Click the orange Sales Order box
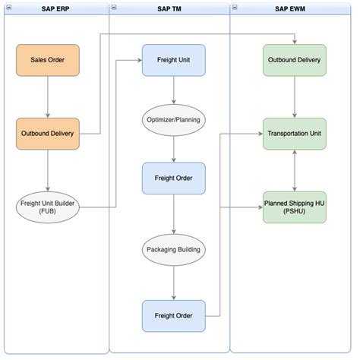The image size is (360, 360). click(x=48, y=60)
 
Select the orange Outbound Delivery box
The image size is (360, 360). click(x=48, y=134)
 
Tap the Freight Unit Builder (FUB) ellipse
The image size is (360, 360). click(x=48, y=207)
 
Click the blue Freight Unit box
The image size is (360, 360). click(x=174, y=60)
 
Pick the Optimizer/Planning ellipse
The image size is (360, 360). click(x=174, y=120)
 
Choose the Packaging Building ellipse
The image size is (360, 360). click(x=174, y=250)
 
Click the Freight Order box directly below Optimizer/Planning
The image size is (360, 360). click(x=174, y=178)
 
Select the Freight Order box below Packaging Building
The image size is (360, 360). click(x=174, y=316)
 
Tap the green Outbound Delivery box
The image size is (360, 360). click(x=295, y=60)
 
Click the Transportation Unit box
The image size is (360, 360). click(x=295, y=134)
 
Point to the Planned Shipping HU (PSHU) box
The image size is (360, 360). click(x=295, y=207)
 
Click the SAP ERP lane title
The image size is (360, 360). click(x=55, y=9)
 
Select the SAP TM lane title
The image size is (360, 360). click(x=169, y=9)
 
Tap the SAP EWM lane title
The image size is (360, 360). click(x=290, y=9)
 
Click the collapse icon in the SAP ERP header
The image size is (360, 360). click(x=9, y=8)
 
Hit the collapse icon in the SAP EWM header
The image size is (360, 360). click(x=235, y=8)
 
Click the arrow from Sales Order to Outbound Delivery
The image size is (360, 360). click(x=48, y=97)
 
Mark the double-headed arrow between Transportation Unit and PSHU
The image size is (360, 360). click(x=295, y=171)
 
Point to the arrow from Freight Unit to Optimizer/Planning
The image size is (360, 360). click(x=174, y=90)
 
